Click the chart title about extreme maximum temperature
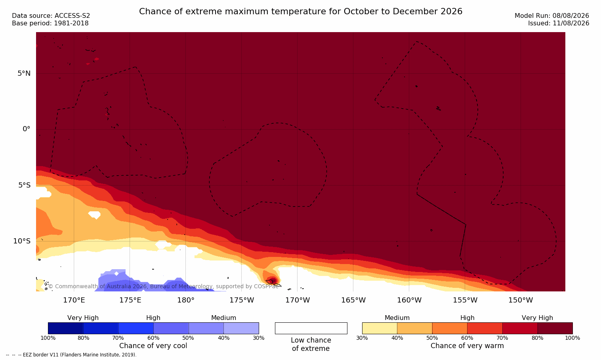[x=300, y=11]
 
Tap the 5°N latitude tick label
[x=24, y=73]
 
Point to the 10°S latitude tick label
[x=22, y=241]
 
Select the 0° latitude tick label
[x=26, y=129]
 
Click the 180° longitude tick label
[x=186, y=300]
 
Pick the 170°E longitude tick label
[x=74, y=300]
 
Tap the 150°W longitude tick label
[x=521, y=300]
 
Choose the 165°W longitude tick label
[x=353, y=300]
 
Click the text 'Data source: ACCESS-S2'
[x=51, y=16]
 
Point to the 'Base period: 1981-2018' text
[x=50, y=23]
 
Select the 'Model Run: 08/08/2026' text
[x=551, y=16]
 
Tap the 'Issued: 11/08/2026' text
[x=559, y=23]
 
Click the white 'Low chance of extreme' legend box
[x=311, y=328]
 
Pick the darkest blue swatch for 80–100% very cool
[x=65, y=328]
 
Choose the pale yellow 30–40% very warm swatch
[x=380, y=328]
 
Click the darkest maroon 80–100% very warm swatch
[x=555, y=328]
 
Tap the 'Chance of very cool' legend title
[x=153, y=346]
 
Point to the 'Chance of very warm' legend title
[x=467, y=346]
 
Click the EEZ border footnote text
[x=71, y=355]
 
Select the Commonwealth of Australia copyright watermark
[x=163, y=286]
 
